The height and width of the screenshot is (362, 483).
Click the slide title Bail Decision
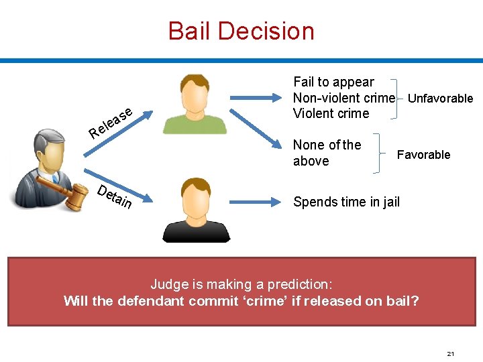241,31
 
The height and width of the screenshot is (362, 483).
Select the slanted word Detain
114,195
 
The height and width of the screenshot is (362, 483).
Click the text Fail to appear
333,82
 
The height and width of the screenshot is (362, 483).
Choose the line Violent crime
331,113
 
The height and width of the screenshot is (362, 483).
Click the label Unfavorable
440,99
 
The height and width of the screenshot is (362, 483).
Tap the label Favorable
423,155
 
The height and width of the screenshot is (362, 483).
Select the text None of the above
327,153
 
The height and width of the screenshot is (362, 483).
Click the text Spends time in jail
346,202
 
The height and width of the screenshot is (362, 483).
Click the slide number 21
450,353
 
